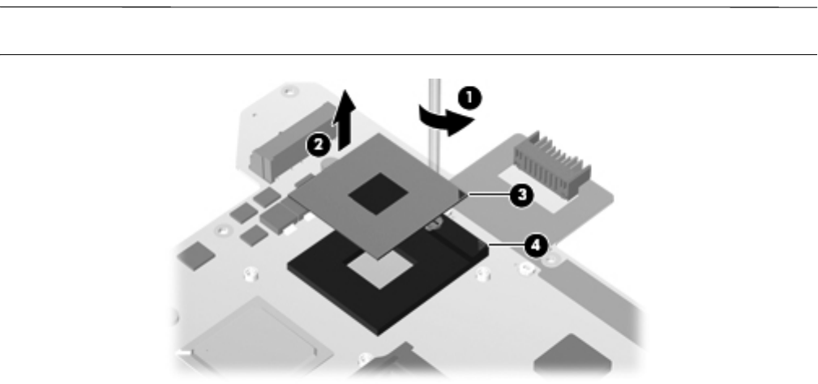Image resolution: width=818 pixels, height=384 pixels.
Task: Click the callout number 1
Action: (469, 100)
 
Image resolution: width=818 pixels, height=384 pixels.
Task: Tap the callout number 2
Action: (317, 146)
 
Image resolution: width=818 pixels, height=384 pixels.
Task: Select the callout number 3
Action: (520, 194)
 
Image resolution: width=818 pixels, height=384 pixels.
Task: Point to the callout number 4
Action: (533, 244)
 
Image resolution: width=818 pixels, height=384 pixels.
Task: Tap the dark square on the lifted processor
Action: (379, 194)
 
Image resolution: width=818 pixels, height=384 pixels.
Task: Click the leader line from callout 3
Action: (486, 194)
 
